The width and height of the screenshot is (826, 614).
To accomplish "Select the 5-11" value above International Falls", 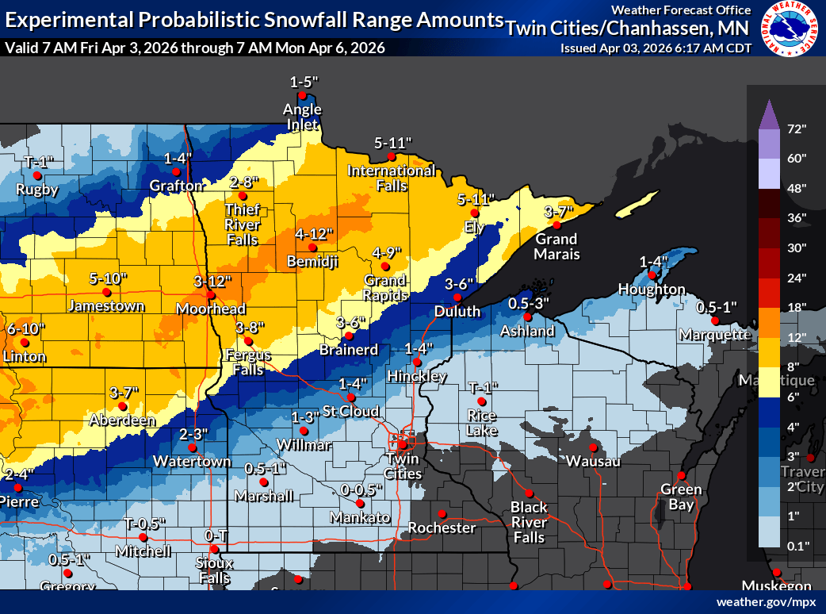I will (394, 143).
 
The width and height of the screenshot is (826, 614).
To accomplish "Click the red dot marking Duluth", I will (457, 297).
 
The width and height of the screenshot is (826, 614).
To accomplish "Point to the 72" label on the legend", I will (797, 129).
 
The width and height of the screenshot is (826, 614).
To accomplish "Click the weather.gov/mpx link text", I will (766, 602).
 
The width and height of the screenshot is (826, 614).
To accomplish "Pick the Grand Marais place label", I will (556, 247).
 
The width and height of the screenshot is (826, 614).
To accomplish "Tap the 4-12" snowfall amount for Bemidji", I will (314, 234).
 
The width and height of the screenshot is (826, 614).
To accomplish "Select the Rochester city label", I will (442, 528).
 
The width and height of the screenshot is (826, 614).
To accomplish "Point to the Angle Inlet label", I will (304, 117).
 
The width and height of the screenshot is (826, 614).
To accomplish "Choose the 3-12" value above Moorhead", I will (212, 281).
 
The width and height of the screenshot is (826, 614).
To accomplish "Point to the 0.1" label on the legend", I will (797, 546).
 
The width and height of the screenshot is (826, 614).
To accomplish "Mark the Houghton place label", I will (651, 290).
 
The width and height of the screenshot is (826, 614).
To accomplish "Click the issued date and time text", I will (655, 48).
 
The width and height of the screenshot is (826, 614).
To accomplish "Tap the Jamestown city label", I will (107, 305).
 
